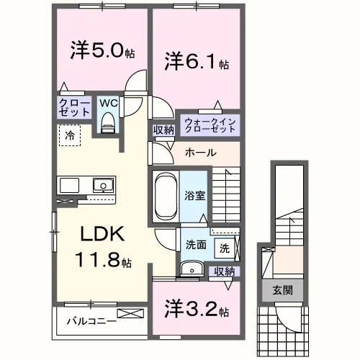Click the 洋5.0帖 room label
(102, 50)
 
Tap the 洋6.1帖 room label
(197, 61)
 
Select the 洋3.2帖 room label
(197, 309)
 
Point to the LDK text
(102, 234)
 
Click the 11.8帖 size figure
(103, 260)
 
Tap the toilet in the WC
(108, 122)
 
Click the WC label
(109, 103)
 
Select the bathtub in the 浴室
(166, 197)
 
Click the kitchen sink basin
(103, 185)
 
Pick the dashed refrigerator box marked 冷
(70, 135)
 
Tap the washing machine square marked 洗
(225, 248)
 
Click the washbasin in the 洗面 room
(192, 269)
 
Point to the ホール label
(201, 153)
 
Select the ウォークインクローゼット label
(210, 125)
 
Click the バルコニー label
(91, 321)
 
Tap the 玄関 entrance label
(282, 290)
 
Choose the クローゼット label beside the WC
(74, 107)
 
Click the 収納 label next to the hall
(163, 130)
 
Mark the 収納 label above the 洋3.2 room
(225, 271)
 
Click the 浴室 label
(194, 196)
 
